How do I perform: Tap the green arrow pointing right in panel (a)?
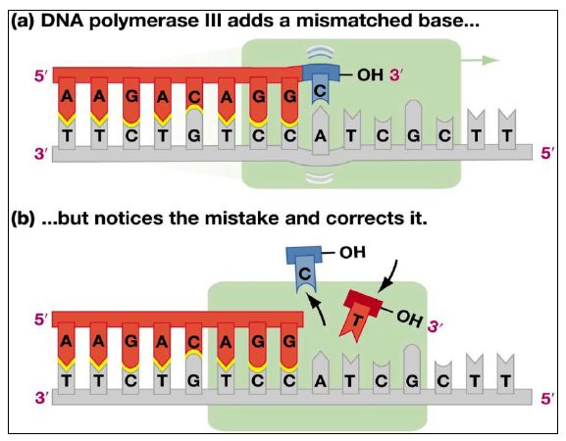point(481,60)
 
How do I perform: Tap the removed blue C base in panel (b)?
point(304,269)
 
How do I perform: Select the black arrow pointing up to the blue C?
point(319,307)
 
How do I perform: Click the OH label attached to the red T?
point(409,318)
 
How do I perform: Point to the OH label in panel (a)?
point(370,75)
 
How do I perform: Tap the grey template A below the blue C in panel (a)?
point(321,130)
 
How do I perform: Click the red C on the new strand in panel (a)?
point(194,94)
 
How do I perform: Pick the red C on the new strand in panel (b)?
point(194,340)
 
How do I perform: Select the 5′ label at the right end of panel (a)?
point(547,153)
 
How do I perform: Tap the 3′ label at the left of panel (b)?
point(41,398)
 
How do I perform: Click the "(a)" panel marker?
point(23,22)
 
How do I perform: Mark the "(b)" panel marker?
point(24,219)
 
